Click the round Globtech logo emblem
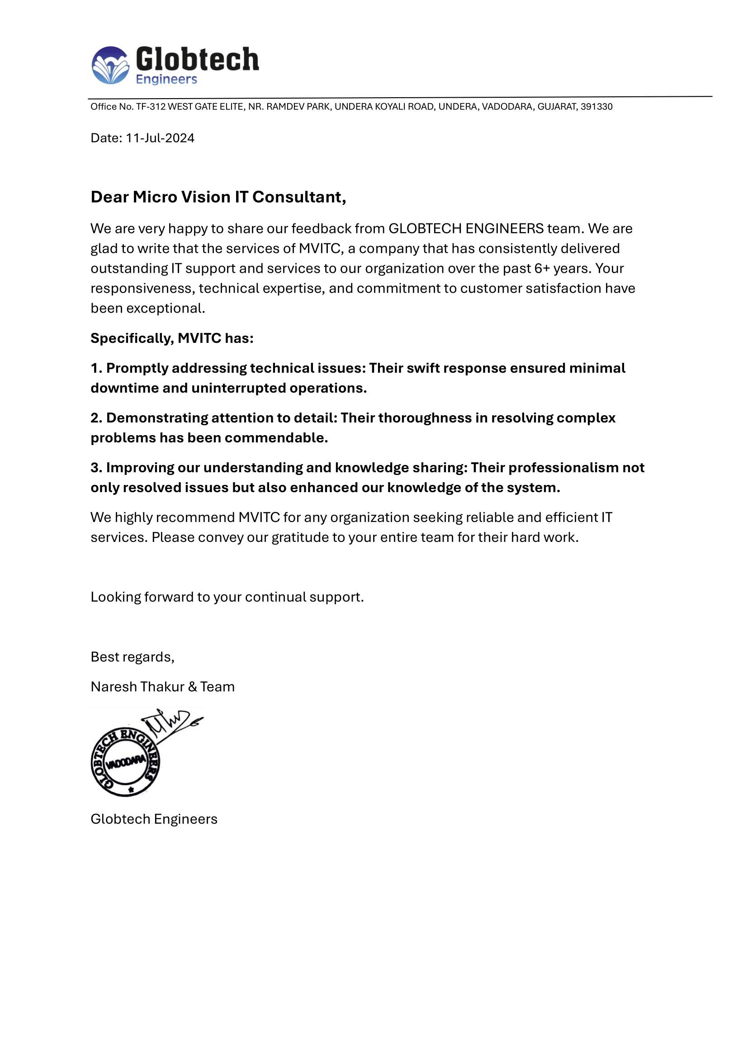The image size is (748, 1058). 110,66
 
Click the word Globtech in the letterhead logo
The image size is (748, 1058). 197,60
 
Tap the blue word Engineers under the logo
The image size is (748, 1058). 166,79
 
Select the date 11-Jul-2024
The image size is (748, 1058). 160,138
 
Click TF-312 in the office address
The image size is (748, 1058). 151,107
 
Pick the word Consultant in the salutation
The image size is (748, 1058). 299,197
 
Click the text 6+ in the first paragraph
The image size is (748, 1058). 542,269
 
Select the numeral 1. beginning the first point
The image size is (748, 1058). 96,368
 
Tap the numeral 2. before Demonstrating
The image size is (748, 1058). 96,418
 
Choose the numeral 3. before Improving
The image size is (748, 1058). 96,468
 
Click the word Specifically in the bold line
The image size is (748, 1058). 132,338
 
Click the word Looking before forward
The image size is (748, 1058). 116,597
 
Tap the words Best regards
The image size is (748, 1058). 132,657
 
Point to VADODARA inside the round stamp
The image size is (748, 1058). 126,763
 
